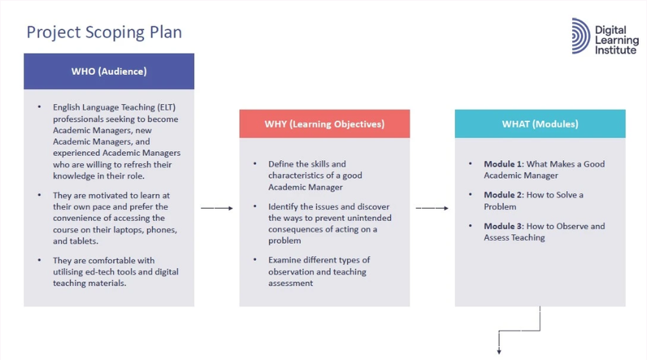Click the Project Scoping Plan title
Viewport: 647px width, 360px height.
104,32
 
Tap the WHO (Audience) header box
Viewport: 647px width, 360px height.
109,71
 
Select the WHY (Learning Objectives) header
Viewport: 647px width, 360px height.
325,123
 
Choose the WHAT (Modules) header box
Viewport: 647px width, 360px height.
540,123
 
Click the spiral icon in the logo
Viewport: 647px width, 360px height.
581,36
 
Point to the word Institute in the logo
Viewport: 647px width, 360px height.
615,50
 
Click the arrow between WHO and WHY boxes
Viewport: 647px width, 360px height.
217,208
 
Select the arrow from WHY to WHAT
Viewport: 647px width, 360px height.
432,208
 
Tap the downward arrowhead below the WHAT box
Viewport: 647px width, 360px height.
499,351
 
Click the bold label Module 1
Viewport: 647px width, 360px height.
504,164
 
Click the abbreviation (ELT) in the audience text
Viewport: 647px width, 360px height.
166,107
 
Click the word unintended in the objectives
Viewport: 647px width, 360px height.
370,218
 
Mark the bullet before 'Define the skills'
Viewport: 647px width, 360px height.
255,164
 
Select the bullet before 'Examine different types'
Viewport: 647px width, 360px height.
255,260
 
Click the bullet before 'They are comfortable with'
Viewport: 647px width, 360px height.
40,260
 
